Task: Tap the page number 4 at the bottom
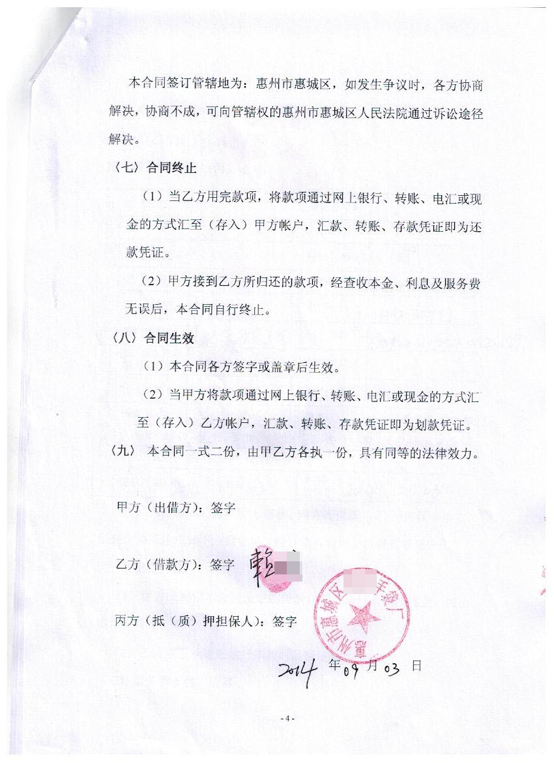(x=287, y=718)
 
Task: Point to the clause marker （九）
(x=123, y=452)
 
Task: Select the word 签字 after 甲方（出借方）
(x=224, y=507)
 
